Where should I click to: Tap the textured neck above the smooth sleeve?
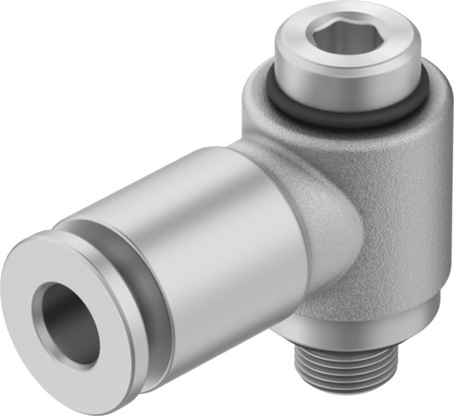click(x=259, y=153)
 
